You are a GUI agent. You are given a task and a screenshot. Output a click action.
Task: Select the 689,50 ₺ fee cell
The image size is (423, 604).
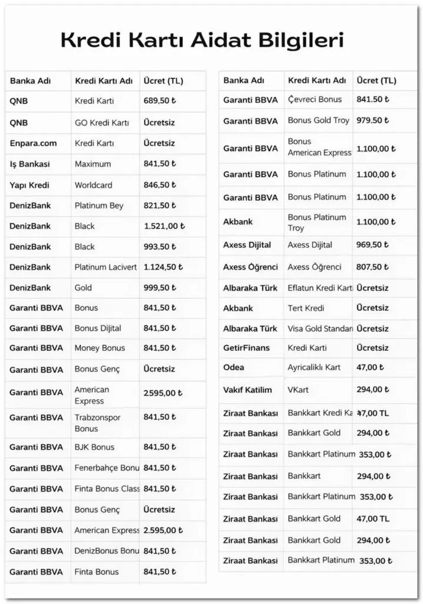tap(160, 101)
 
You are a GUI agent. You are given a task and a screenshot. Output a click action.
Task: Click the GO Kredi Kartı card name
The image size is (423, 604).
tap(101, 123)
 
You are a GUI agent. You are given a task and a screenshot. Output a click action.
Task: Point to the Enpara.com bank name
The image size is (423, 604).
tap(33, 143)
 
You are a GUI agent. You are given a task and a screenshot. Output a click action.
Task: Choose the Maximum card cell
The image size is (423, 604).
tap(93, 164)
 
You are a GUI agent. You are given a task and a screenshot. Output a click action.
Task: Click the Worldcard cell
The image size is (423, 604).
tap(93, 185)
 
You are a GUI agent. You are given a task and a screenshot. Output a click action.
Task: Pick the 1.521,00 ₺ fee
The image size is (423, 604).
tap(164, 226)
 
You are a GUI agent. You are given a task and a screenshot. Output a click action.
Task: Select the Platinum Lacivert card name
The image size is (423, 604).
tap(106, 267)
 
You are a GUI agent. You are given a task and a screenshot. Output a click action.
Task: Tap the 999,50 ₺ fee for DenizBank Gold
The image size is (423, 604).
tap(160, 287)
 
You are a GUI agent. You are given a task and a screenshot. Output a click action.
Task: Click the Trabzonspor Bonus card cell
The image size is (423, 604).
tap(97, 422)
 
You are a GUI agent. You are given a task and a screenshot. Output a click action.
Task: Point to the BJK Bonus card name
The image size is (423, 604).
tap(94, 447)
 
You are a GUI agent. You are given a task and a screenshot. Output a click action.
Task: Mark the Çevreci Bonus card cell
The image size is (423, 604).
tap(314, 99)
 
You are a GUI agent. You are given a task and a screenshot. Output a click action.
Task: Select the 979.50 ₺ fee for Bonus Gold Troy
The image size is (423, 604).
tap(373, 120)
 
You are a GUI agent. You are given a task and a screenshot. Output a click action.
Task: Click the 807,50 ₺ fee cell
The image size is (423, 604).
tap(373, 267)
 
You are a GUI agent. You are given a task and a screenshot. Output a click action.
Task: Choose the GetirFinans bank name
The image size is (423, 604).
tap(245, 348)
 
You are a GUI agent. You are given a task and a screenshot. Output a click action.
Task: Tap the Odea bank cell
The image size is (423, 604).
tap(234, 367)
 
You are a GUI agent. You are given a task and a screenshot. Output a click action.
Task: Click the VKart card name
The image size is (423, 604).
tap(298, 390)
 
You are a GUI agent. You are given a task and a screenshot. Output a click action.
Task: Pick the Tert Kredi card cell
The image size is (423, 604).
tap(306, 308)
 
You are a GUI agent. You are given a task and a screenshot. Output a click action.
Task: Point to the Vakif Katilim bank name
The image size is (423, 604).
tap(247, 390)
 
